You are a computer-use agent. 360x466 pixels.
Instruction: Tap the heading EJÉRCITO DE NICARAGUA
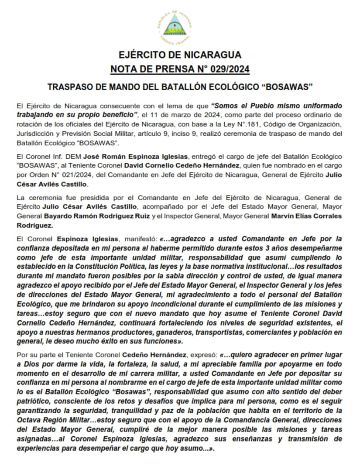pyautogui.click(x=180, y=55)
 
